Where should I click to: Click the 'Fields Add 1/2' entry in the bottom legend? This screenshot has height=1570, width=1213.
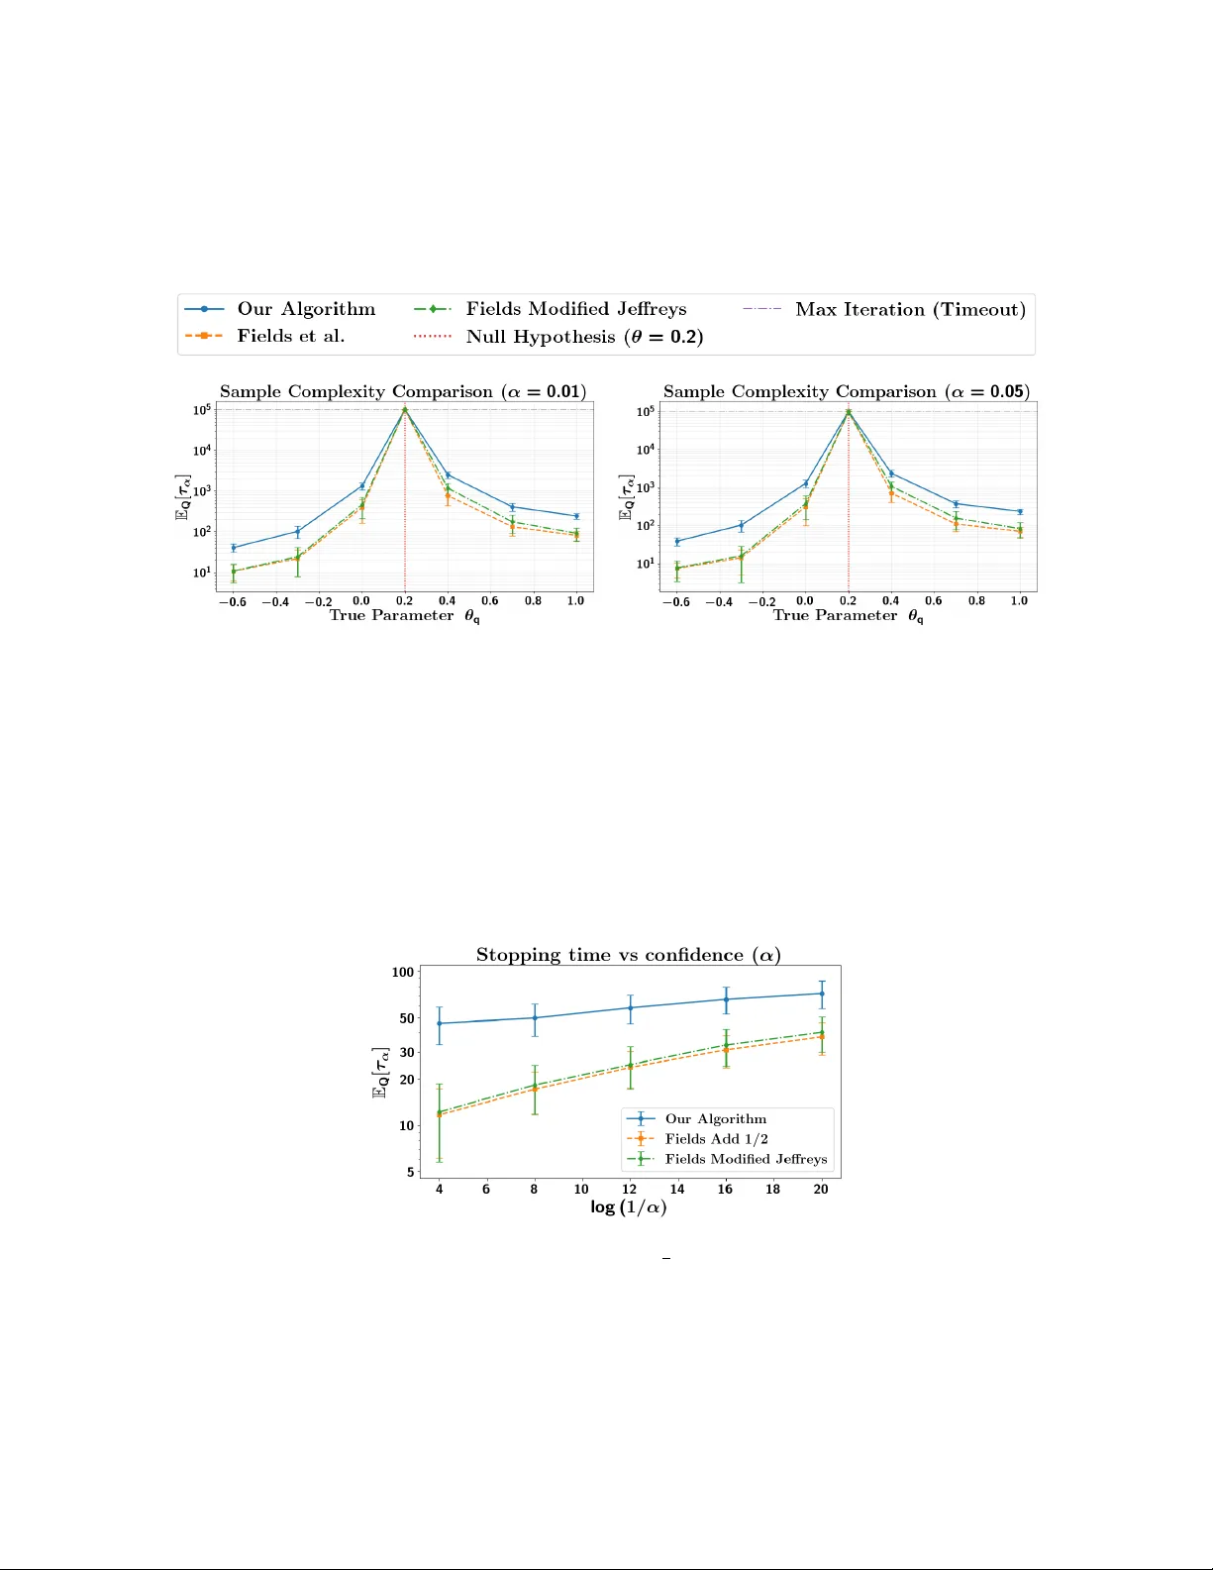716,1139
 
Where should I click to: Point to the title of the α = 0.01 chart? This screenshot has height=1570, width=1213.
403,391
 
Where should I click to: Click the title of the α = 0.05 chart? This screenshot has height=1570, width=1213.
847,391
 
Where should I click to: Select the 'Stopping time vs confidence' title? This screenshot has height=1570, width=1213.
629,955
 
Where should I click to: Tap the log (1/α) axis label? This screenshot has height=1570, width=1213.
629,1207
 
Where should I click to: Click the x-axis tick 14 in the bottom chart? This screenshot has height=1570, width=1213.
677,1190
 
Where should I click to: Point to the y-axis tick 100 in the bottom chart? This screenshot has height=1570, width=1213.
403,972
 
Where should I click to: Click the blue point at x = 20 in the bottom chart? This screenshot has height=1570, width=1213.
822,994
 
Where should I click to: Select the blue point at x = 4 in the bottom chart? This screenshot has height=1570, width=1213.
440,1023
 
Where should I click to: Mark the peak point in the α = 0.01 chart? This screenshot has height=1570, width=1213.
405,409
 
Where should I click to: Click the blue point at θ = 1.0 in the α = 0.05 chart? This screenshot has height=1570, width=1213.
1020,512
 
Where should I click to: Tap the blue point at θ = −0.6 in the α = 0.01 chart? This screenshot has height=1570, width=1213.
234,548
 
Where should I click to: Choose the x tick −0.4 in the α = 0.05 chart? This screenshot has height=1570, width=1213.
719,601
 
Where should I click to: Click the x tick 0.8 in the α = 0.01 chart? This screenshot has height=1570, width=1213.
533,600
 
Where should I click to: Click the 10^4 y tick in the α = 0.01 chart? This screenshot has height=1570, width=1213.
202,451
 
